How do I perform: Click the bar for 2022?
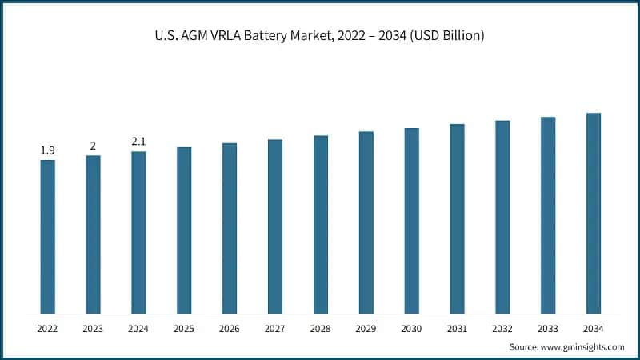click(47, 236)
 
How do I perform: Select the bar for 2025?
click(184, 230)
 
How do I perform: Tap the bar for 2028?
click(320, 224)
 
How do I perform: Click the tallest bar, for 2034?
click(593, 213)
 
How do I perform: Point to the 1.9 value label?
click(47, 150)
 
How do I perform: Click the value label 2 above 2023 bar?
click(93, 146)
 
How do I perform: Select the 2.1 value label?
click(138, 142)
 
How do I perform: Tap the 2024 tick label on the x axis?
click(138, 328)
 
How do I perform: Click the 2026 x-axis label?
click(230, 328)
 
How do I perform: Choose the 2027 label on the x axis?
click(275, 328)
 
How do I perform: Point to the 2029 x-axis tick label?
click(366, 328)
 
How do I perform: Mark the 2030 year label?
click(411, 328)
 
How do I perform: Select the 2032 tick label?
click(502, 328)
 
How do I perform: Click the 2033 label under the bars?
click(548, 328)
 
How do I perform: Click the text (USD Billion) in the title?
click(446, 36)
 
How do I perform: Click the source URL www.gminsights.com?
click(583, 346)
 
